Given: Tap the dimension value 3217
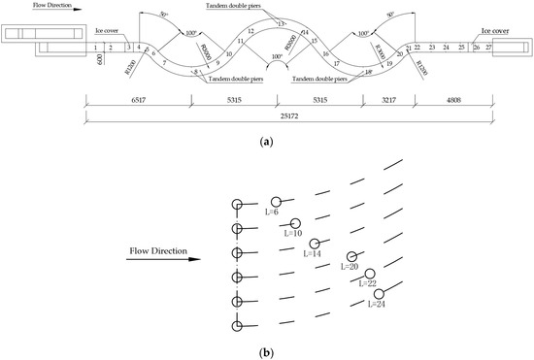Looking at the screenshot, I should click(386, 100).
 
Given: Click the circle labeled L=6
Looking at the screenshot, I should click(276, 202).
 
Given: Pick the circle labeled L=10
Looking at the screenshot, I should click(297, 222).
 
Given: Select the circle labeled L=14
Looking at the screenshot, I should click(314, 243).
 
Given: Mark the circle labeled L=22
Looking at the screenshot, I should click(369, 275).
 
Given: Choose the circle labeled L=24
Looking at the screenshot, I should click(379, 294).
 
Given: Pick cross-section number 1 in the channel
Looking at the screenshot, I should click(96, 47).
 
